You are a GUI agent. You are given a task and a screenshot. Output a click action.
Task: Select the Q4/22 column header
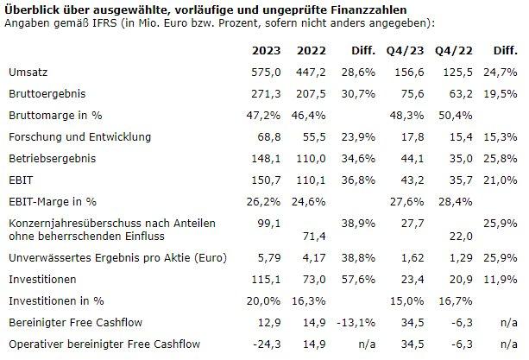point(453,49)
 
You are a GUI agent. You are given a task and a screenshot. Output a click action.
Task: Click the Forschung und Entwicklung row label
point(79,136)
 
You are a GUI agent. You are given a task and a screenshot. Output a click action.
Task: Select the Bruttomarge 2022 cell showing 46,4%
point(311,114)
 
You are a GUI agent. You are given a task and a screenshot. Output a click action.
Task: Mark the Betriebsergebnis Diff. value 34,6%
point(358,159)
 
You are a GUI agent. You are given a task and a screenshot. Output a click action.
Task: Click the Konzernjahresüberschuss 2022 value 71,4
point(314,236)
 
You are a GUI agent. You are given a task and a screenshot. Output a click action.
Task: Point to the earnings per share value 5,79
point(274,258)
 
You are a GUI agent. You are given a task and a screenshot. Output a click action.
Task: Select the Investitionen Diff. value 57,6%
point(358,280)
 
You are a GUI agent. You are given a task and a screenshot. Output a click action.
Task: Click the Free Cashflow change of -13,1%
point(356,324)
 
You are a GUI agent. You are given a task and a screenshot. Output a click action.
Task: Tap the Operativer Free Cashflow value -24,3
point(271,345)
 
